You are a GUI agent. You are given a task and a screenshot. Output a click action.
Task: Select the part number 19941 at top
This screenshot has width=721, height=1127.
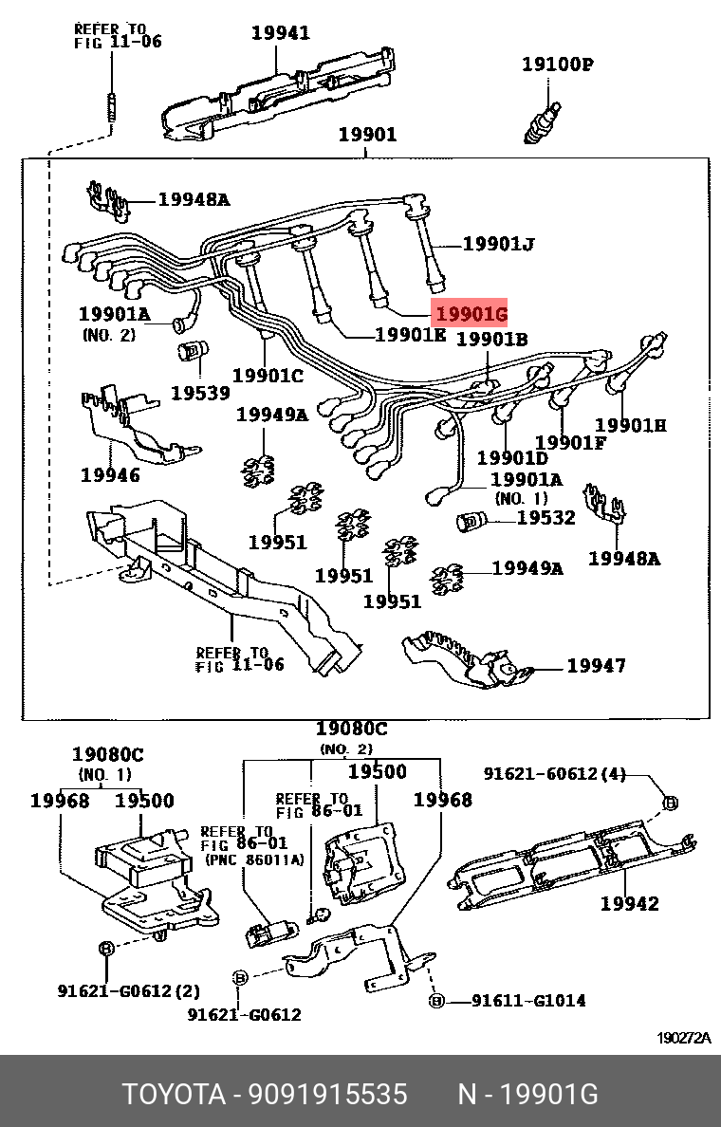click(x=280, y=33)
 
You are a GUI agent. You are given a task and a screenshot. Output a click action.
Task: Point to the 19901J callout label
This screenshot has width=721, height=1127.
click(x=499, y=245)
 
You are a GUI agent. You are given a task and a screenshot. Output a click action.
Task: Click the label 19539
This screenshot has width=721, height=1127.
click(x=200, y=391)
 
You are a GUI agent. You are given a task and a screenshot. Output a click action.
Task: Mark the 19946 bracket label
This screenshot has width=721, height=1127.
click(x=110, y=474)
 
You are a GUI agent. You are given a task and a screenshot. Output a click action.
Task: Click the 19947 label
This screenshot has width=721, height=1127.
click(x=596, y=666)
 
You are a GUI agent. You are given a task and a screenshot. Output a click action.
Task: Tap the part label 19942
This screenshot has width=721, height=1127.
click(x=629, y=903)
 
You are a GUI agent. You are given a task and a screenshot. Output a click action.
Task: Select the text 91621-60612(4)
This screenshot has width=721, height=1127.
click(x=555, y=773)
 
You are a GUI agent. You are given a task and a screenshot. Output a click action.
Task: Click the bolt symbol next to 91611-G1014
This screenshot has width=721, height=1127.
click(x=436, y=1001)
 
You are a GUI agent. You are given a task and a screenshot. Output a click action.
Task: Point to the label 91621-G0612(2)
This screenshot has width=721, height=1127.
click(x=128, y=991)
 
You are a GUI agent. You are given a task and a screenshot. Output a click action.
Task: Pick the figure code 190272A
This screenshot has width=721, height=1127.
click(x=684, y=1038)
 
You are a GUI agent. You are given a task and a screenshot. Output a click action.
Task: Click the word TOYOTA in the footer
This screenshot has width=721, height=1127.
click(x=174, y=1095)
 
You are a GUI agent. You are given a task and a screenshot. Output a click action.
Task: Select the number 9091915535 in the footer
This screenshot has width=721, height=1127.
click(x=328, y=1095)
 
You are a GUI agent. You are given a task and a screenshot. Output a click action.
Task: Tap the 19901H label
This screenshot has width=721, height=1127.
click(x=630, y=425)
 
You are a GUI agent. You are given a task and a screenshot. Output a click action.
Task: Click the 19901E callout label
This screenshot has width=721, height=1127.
click(x=410, y=334)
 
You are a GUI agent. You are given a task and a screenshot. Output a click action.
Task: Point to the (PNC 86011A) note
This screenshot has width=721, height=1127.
click(x=253, y=859)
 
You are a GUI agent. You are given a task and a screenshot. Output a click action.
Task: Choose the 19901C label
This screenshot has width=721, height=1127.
click(x=268, y=375)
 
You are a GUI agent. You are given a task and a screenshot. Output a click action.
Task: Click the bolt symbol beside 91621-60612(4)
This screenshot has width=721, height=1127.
click(x=668, y=803)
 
